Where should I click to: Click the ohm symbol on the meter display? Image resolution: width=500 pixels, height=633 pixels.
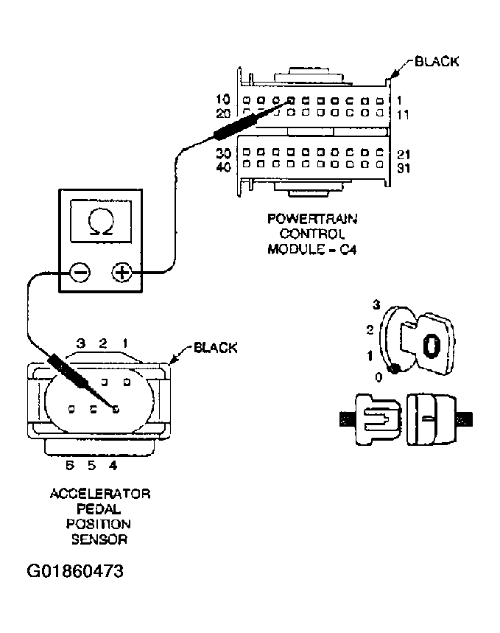pyautogui.click(x=101, y=221)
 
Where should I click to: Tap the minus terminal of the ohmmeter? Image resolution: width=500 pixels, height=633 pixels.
pyautogui.click(x=80, y=273)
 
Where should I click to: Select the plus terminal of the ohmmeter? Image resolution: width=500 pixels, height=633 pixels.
pyautogui.click(x=122, y=273)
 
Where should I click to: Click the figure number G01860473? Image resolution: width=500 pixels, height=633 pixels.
pyautogui.click(x=75, y=571)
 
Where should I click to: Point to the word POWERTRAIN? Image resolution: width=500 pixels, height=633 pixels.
pyautogui.click(x=312, y=219)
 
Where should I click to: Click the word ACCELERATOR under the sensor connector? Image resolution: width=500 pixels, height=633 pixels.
pyautogui.click(x=100, y=494)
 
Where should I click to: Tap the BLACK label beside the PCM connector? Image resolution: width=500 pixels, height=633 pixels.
pyautogui.click(x=437, y=61)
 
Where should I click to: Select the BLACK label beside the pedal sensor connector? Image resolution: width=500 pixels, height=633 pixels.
pyautogui.click(x=216, y=348)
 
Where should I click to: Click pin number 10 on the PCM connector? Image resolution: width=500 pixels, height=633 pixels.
pyautogui.click(x=223, y=99)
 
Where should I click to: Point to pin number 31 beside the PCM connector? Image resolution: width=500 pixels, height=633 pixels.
pyautogui.click(x=404, y=167)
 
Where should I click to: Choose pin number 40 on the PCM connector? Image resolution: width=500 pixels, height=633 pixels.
pyautogui.click(x=223, y=167)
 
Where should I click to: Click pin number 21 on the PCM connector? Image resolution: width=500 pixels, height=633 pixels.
pyautogui.click(x=404, y=154)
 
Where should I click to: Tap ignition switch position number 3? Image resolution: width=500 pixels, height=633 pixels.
pyautogui.click(x=376, y=305)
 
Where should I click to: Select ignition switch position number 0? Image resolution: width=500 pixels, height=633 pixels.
pyautogui.click(x=378, y=377)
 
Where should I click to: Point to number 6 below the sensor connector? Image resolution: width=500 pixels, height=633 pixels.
pyautogui.click(x=70, y=466)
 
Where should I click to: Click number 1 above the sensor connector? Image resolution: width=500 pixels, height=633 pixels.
pyautogui.click(x=125, y=343)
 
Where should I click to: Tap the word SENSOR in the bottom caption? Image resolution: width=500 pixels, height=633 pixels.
pyautogui.click(x=99, y=539)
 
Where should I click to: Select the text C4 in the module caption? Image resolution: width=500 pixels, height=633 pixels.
pyautogui.click(x=348, y=250)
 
